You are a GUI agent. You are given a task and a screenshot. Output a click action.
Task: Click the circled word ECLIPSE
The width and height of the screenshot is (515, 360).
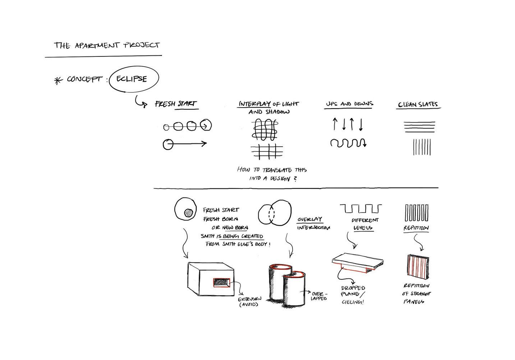point(132,79)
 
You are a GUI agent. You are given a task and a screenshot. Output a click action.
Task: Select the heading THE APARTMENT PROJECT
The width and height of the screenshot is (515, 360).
point(107,45)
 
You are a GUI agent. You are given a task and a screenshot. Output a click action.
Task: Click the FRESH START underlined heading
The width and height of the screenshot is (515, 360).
point(176,104)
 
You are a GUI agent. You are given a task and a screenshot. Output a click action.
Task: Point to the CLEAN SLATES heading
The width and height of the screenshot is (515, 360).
point(418,105)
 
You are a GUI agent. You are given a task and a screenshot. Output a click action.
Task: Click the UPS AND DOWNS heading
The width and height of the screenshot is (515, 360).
point(349,104)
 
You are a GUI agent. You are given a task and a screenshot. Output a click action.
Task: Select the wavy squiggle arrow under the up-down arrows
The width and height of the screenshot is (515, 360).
point(348,143)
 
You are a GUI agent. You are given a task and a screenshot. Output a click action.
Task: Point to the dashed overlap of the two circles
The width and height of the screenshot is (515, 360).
point(272,215)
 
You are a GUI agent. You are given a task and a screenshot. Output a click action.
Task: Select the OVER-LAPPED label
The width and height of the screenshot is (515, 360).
point(319,296)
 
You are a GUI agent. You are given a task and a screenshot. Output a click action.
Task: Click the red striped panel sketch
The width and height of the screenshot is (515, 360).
point(418,266)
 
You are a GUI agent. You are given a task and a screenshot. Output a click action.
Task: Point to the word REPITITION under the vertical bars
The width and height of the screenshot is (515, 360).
point(416,228)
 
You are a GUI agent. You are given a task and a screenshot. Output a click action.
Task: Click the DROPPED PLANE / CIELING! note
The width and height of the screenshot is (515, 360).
point(353,295)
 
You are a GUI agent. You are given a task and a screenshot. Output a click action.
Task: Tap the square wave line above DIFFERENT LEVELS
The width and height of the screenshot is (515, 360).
point(360,208)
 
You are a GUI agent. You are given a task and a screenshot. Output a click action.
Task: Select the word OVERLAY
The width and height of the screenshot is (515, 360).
point(309,219)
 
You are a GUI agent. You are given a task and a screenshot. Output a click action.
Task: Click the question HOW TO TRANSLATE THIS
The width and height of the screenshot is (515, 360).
point(272,170)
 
